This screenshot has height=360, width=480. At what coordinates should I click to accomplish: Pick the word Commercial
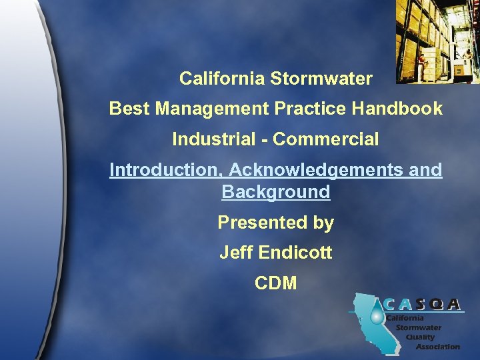(326, 140)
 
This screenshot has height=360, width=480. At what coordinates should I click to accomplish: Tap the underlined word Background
(275, 193)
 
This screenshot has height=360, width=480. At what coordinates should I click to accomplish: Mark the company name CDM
(275, 283)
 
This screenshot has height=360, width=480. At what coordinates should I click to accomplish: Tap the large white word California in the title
(223, 79)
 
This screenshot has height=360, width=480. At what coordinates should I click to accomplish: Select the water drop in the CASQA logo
(377, 315)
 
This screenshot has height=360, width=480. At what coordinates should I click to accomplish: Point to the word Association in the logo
(437, 347)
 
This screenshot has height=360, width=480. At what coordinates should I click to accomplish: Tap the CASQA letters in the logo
(423, 305)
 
